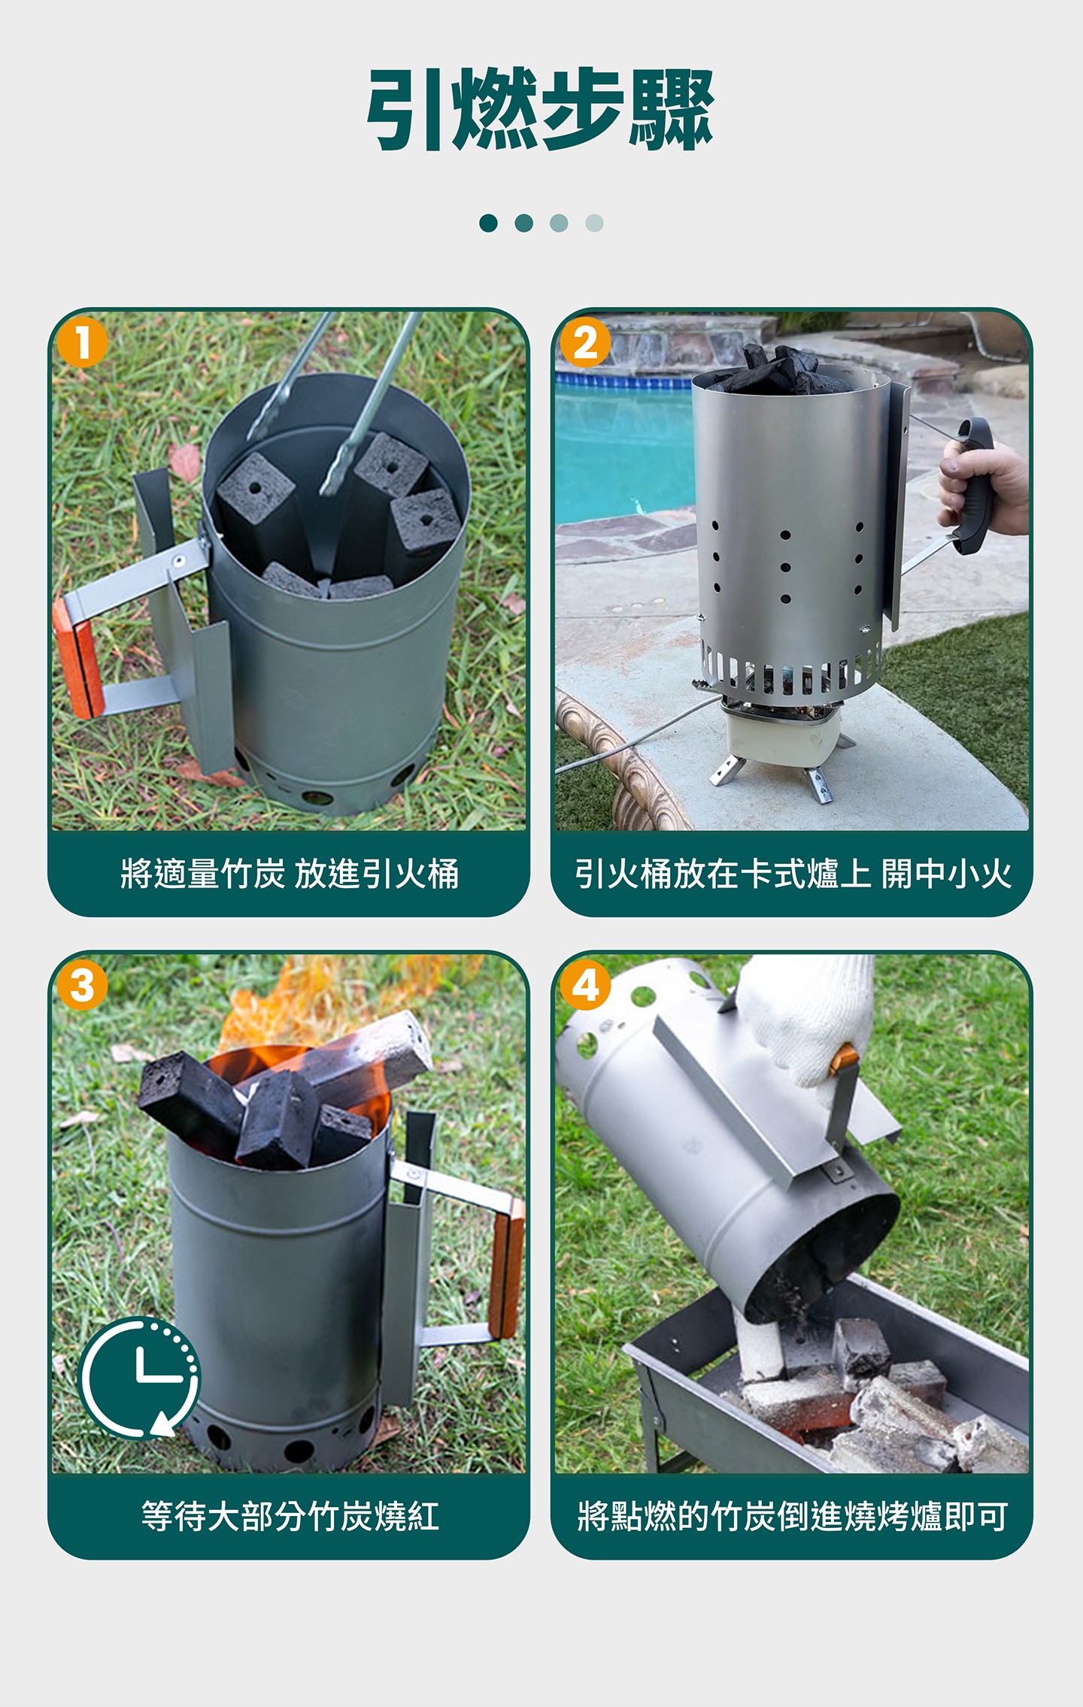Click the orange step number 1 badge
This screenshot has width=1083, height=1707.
pos(83,342)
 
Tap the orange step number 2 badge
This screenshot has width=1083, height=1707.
pos(585,342)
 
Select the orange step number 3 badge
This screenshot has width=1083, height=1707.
pos(83,985)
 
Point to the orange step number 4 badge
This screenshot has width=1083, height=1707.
pos(585,985)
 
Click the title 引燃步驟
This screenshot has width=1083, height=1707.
pos(541,109)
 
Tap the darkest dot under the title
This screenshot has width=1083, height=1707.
pos(488,223)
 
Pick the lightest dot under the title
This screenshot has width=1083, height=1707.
pos(594,223)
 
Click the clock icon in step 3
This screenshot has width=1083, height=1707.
pos(140,1377)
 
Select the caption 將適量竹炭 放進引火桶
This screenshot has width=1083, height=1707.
pos(290,874)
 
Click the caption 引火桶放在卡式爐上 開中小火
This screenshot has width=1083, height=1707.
pos(793,874)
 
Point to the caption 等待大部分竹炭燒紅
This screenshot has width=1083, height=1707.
pos(290,1516)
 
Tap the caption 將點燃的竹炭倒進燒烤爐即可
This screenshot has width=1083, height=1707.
pos(793,1516)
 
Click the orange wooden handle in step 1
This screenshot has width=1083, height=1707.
pos(77,658)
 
